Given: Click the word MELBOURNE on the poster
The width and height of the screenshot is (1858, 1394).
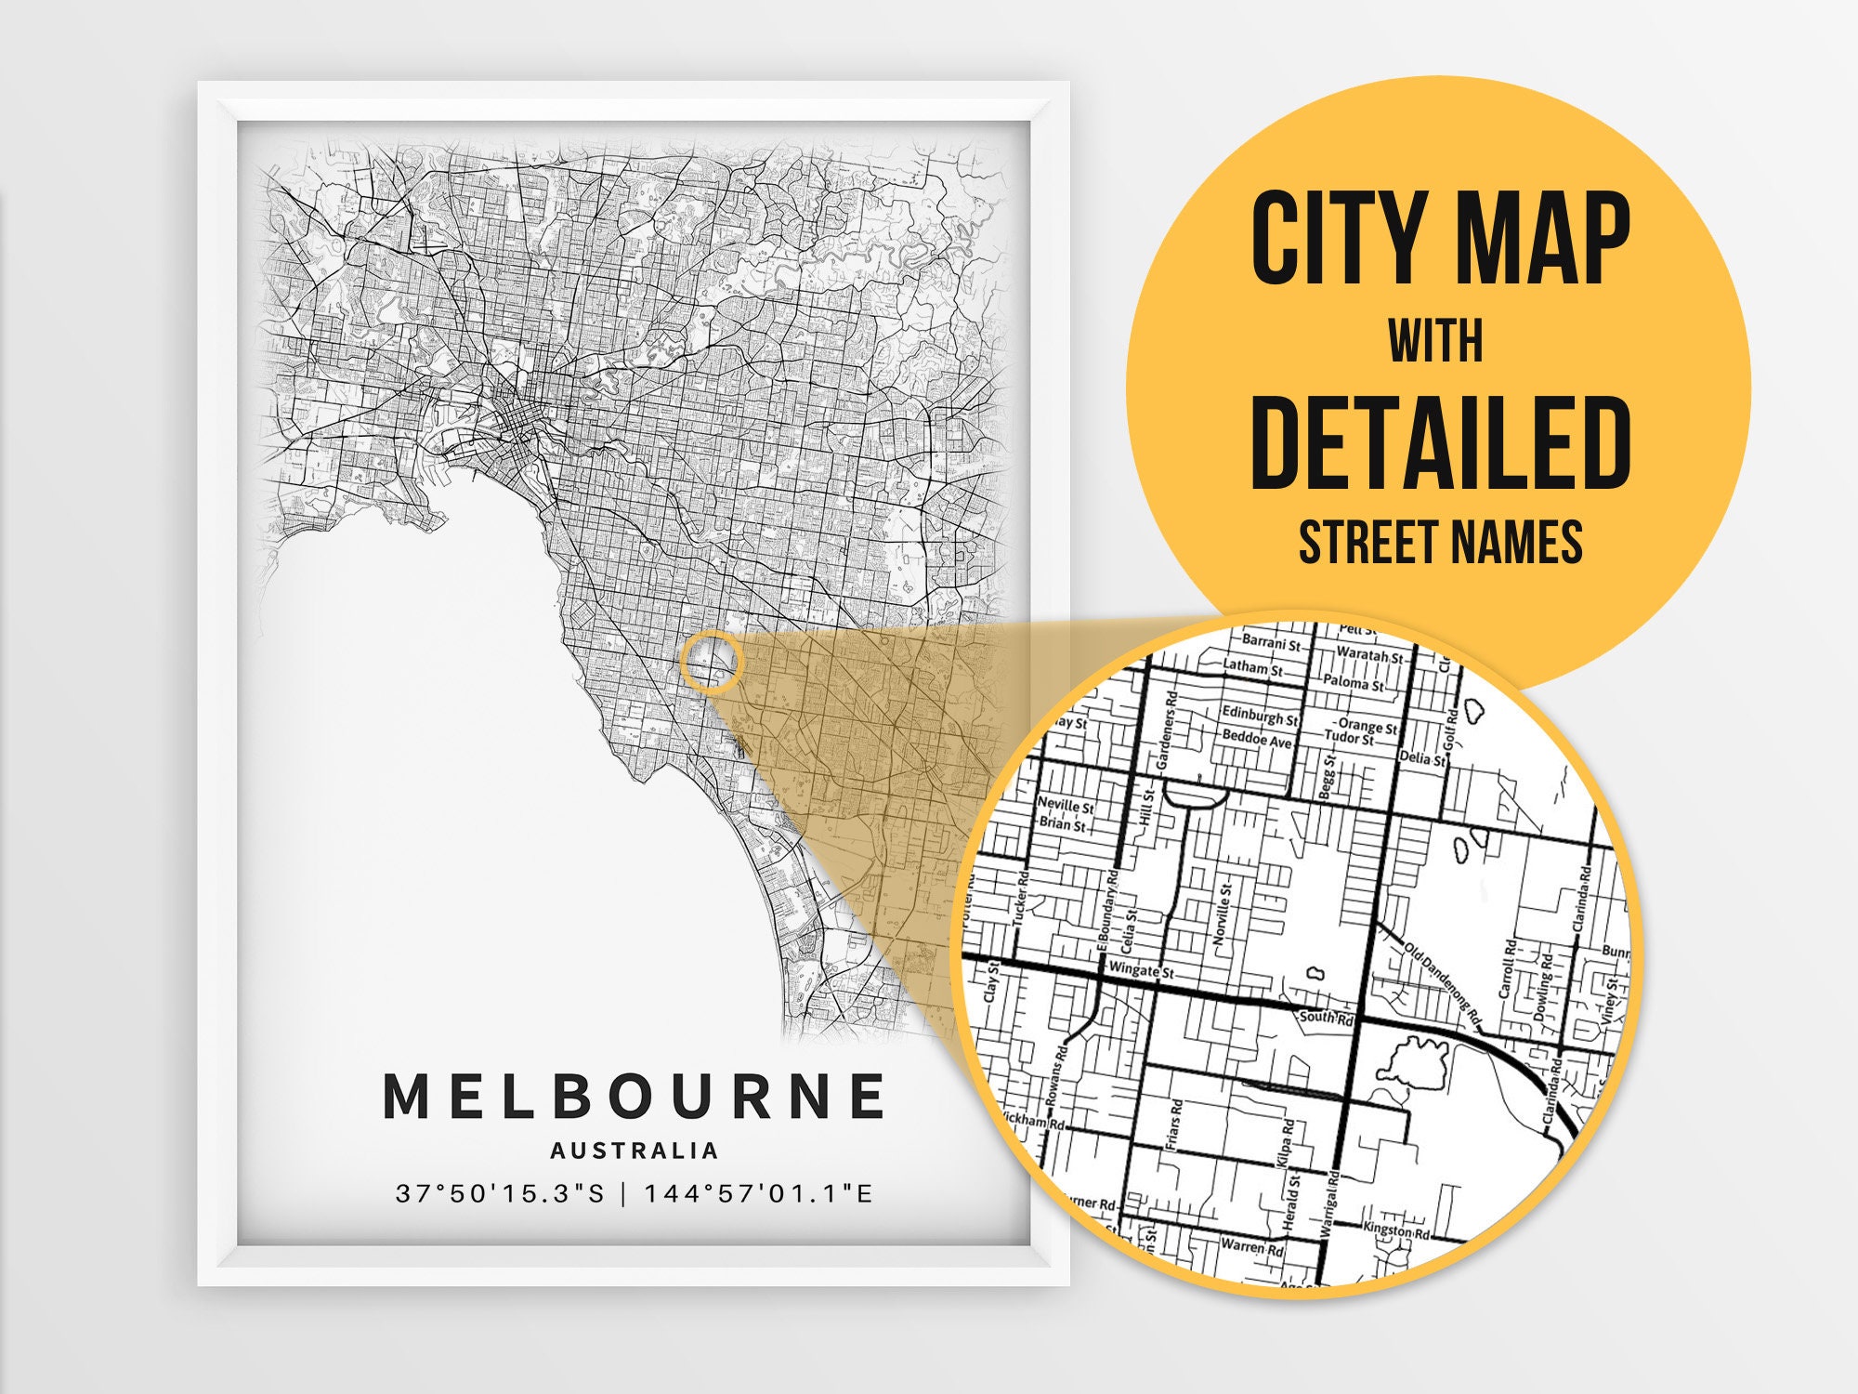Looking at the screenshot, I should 635,1096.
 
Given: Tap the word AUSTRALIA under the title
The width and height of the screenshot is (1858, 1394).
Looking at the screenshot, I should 635,1151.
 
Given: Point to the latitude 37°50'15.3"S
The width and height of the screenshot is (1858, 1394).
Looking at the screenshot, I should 500,1193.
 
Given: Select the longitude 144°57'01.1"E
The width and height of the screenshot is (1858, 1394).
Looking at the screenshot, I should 759,1193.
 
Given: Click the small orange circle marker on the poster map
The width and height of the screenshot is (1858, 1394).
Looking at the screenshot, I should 712,661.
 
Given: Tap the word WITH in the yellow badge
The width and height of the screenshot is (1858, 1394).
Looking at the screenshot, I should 1436,341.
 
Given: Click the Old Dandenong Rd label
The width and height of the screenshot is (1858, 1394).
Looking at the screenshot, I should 1442,985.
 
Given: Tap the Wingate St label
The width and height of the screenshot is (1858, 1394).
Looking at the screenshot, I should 1142,969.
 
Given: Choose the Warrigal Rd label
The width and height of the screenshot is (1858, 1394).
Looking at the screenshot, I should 1328,1202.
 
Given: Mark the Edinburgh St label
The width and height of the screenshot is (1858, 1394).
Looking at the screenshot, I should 1260,716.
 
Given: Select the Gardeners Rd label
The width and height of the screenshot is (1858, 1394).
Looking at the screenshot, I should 1167,730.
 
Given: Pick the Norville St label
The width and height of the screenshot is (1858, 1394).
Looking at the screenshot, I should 1223,914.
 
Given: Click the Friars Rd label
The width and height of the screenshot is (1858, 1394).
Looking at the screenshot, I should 1175,1124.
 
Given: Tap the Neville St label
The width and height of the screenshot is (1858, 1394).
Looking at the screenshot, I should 1066,805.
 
